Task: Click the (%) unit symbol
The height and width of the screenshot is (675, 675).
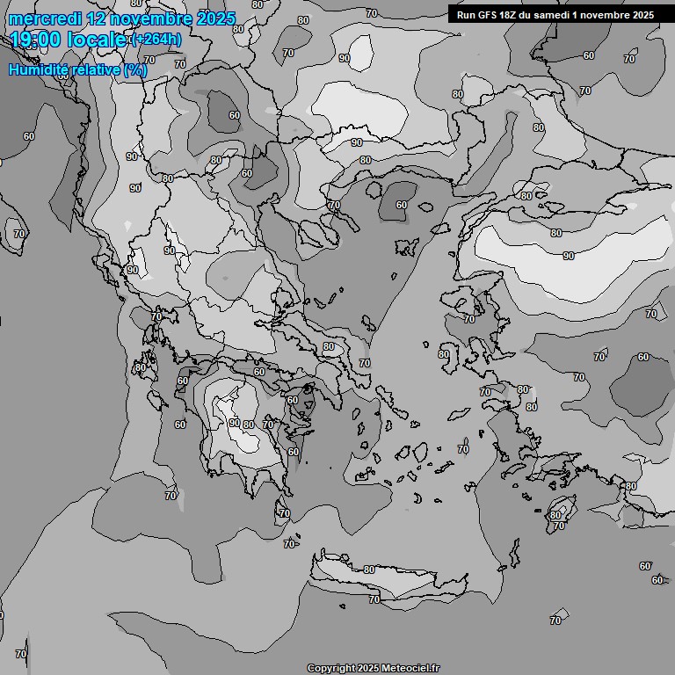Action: [x=135, y=70]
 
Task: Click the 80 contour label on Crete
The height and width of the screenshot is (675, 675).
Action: [x=369, y=570]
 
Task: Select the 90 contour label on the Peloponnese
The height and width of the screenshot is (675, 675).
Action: [x=234, y=423]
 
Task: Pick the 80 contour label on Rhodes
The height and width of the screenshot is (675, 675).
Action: [x=555, y=515]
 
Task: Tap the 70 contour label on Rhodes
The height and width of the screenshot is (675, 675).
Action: [x=559, y=526]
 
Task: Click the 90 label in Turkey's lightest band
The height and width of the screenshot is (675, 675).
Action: [x=568, y=256]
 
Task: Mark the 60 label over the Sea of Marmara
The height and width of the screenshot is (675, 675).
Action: [x=402, y=205]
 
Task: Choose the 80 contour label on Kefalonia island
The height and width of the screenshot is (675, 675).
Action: [x=140, y=367]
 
